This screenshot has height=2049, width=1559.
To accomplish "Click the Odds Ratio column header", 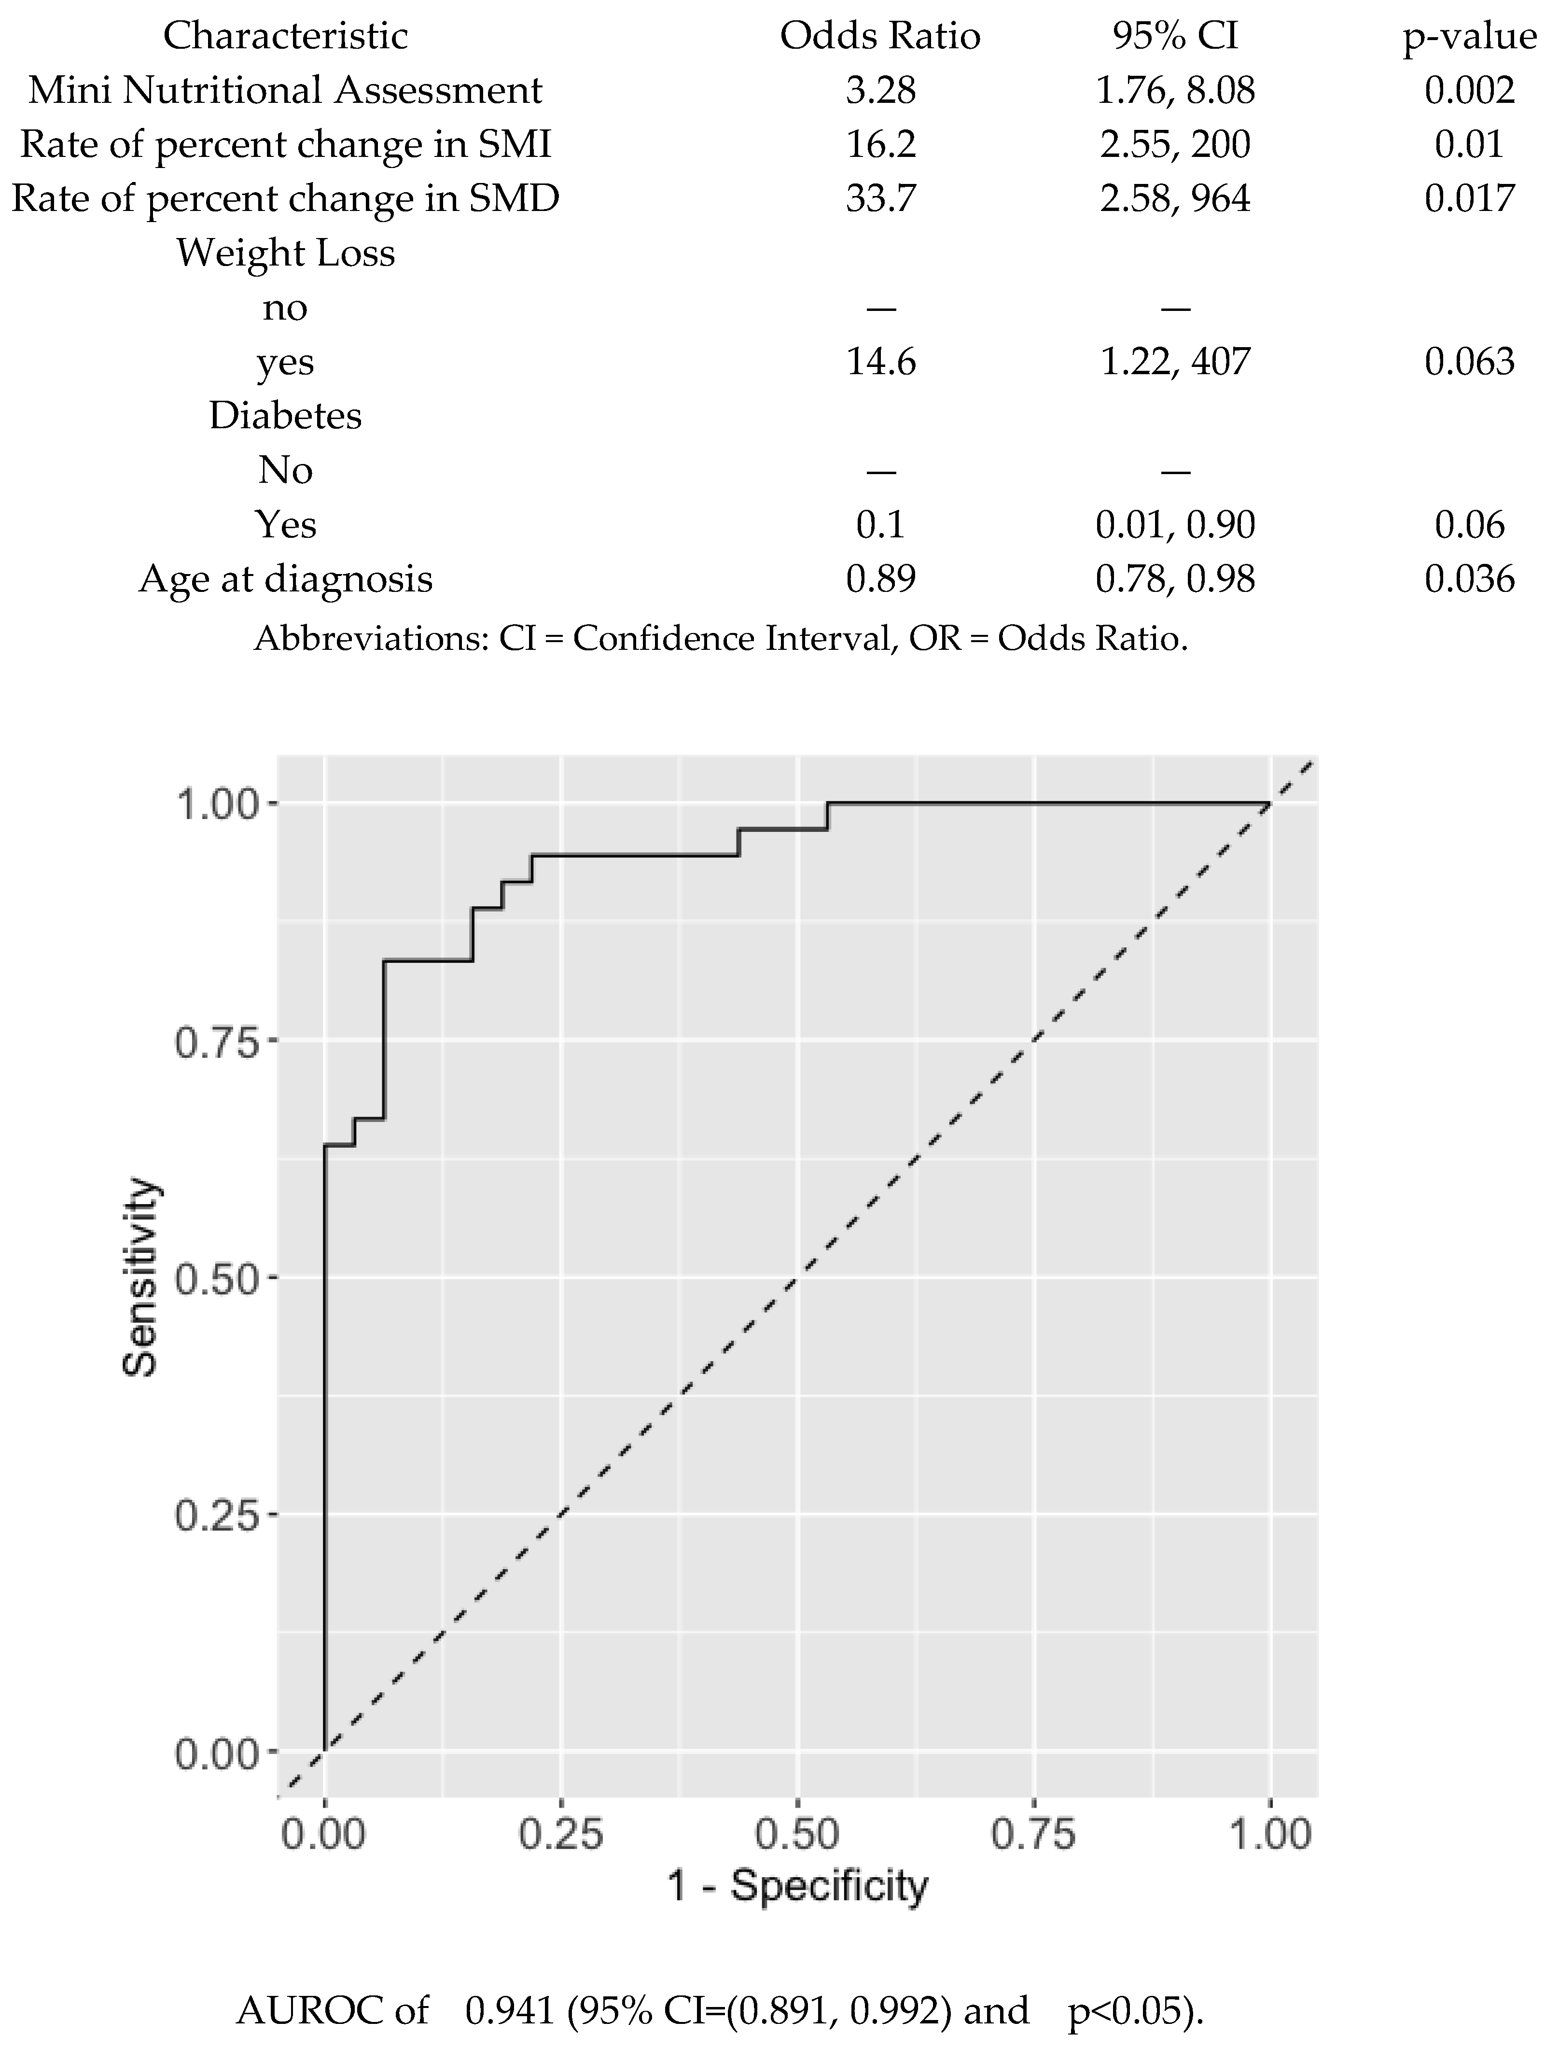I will (x=880, y=36).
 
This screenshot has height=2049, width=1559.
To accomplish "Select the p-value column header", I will (x=1469, y=36).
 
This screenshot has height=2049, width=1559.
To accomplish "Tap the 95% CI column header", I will (x=1175, y=36).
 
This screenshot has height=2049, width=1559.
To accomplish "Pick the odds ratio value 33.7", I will (x=880, y=198).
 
